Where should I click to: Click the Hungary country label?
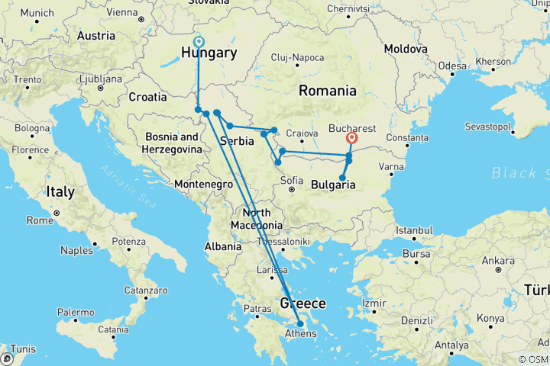point(209,53)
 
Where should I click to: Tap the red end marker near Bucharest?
point(351,138)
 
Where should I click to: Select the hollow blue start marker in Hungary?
point(199,42)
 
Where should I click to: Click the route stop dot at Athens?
point(299,324)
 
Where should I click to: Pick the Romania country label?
point(327,91)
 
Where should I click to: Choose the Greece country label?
point(302,303)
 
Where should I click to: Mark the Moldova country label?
point(405,48)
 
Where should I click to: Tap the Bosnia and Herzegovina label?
point(173,143)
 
